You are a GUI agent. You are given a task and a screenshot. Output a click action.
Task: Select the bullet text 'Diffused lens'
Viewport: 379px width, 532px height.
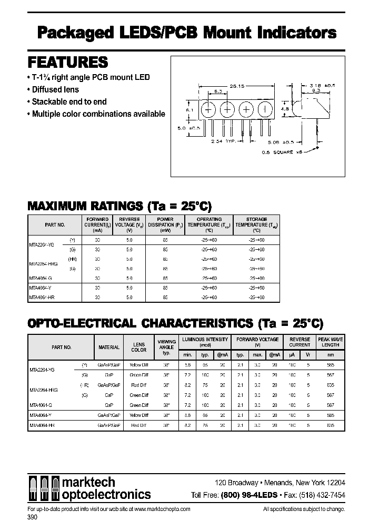[x=55, y=89]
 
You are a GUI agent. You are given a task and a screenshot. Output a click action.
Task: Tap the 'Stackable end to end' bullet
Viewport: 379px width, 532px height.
[x=69, y=101]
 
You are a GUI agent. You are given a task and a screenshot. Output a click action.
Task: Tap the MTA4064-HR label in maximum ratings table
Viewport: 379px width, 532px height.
[x=43, y=297]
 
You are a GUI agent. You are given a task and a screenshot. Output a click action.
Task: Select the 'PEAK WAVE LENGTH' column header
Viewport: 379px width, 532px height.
[x=330, y=342]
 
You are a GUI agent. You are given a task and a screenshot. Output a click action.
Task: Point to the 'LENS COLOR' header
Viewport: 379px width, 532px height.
[x=138, y=347]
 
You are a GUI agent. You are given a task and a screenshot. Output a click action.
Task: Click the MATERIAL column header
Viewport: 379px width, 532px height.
[x=109, y=347]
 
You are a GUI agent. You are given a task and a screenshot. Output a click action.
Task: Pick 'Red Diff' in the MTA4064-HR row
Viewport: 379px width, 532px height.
[x=138, y=424]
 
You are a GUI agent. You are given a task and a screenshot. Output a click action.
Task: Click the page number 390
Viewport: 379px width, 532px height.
[x=32, y=517]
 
